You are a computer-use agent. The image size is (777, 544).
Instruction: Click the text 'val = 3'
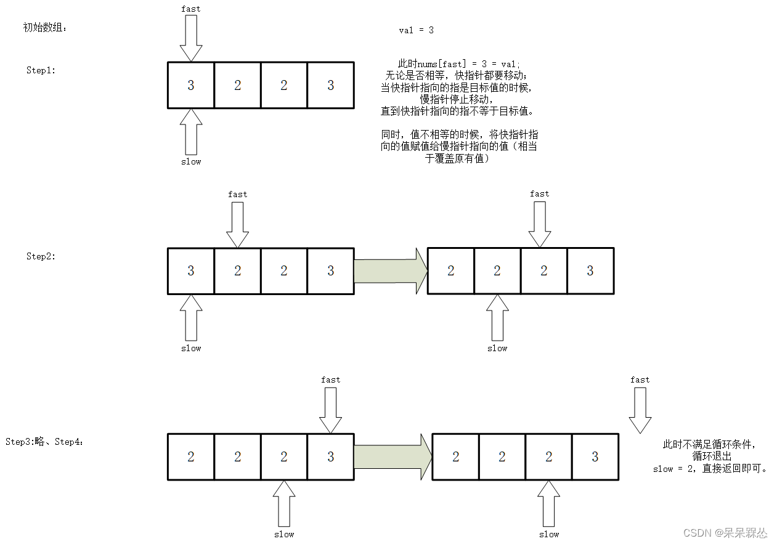417,30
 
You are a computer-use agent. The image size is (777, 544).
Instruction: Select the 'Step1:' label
41,70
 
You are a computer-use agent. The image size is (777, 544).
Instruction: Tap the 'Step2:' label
41,256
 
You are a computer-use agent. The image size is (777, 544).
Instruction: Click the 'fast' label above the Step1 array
191,9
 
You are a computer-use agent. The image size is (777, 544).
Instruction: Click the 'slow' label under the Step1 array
191,161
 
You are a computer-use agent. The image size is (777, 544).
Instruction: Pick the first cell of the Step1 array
191,85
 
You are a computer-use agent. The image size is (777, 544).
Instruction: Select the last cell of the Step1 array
330,85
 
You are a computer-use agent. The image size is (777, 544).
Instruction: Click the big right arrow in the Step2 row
391,271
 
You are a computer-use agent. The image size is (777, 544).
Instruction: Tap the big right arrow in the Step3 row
393,457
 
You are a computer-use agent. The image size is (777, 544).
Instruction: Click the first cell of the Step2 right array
451,271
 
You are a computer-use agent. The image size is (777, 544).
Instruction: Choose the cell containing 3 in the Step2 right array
590,271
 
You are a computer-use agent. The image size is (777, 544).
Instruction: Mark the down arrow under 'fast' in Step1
191,38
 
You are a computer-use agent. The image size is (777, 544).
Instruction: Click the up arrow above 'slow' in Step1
191,132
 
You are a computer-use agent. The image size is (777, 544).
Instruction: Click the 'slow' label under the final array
549,534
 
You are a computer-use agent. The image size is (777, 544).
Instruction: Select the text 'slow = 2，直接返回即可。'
710,469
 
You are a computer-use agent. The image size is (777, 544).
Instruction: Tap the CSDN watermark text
731,532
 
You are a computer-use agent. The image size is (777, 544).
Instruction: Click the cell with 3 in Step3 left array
330,457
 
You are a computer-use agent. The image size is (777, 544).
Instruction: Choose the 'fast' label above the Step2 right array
540,193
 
